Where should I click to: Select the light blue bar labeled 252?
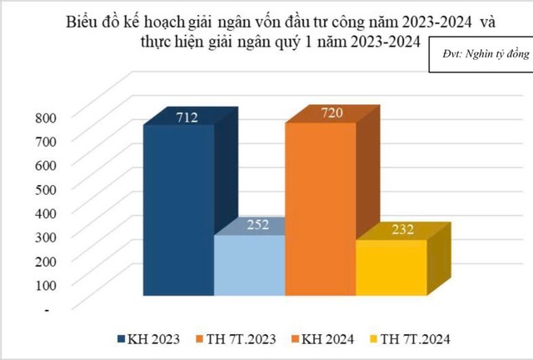(x=249, y=265)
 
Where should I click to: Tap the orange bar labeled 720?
(x=320, y=208)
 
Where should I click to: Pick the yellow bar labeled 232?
(x=391, y=267)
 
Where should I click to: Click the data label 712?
(x=187, y=119)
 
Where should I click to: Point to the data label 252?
(x=259, y=224)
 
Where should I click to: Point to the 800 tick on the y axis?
(x=46, y=117)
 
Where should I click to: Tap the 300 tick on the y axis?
(x=46, y=237)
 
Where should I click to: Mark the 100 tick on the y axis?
(x=46, y=286)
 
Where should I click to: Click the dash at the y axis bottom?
(x=47, y=310)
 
